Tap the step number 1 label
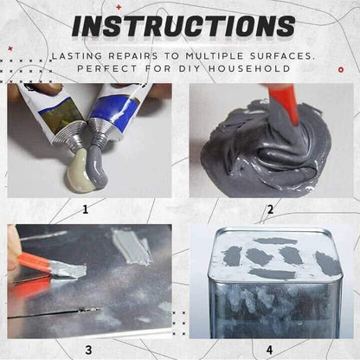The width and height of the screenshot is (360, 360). coord(86,209)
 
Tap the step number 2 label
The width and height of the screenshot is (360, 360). coord(270,209)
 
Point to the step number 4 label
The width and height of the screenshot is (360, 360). coord(270,350)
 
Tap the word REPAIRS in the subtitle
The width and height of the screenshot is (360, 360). coord(132,54)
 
